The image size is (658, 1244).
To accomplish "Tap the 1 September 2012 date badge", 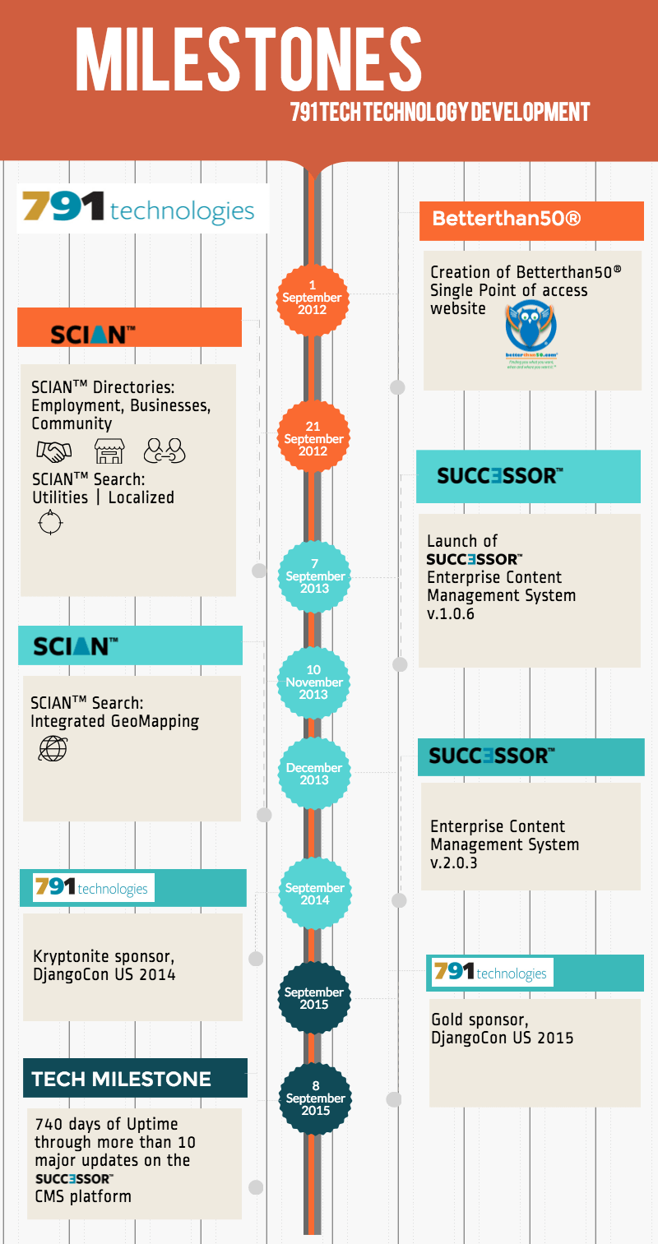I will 312,298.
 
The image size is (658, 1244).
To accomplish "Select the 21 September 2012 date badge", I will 313,439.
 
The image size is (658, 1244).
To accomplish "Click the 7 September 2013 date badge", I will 314,576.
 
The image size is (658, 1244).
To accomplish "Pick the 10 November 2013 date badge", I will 313,682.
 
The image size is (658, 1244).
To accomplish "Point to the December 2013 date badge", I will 313,774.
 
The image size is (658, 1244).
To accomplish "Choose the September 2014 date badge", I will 314,894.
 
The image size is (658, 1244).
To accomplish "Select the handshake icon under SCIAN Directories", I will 53,451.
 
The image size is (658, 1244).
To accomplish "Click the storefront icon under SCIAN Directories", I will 109,451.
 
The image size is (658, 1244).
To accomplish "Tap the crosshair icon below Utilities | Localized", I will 50,523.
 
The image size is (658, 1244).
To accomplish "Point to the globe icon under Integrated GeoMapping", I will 53,748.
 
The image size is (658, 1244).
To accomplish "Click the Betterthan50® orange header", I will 531,220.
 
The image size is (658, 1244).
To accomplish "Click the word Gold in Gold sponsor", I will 448,1020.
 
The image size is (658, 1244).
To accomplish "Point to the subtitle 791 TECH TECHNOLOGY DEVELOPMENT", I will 440,113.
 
